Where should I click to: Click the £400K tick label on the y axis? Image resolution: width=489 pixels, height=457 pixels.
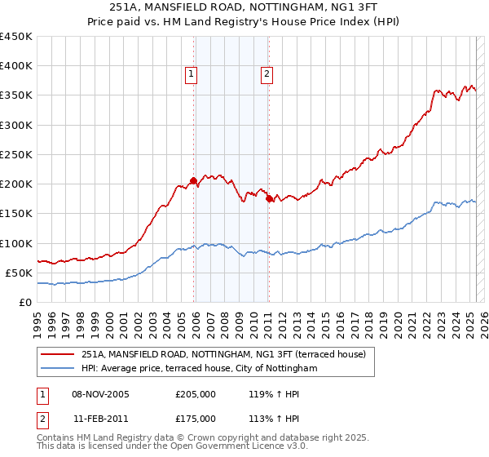(x=16, y=66)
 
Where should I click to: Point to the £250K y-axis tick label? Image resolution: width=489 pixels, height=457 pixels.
(x=16, y=154)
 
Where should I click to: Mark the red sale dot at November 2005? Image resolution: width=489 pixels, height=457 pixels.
(x=193, y=180)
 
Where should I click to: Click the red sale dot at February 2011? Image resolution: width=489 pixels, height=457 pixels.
(x=269, y=198)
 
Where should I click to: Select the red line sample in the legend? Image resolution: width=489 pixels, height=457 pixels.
(x=59, y=354)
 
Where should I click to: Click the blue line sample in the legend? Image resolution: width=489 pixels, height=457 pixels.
(x=59, y=369)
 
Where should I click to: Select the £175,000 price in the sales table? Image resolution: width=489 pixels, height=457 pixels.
(x=195, y=419)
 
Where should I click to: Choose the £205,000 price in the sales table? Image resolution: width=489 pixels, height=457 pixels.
(x=195, y=394)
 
